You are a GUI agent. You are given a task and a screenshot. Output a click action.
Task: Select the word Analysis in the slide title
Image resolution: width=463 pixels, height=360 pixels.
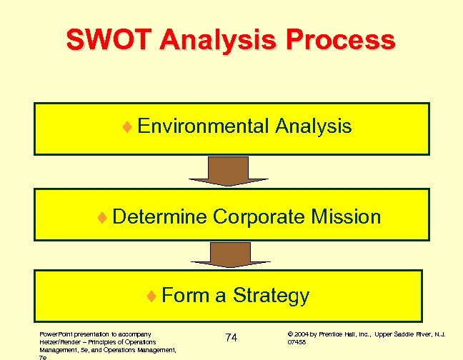point(221,39)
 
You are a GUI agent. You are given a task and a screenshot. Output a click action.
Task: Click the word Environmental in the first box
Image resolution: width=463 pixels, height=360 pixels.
point(203,126)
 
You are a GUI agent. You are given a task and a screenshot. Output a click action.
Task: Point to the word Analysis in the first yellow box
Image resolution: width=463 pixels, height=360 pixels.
point(312,126)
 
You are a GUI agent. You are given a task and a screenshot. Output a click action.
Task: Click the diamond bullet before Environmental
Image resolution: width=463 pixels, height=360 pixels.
point(126,127)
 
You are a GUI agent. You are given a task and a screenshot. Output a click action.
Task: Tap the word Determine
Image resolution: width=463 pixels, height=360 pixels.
point(159,216)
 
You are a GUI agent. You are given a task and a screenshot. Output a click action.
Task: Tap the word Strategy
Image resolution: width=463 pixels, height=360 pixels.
point(271,295)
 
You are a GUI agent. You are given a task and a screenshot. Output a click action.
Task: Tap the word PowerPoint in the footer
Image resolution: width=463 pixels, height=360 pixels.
point(54,334)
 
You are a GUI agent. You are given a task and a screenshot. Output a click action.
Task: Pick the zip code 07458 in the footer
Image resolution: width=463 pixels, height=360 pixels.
point(297,342)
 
